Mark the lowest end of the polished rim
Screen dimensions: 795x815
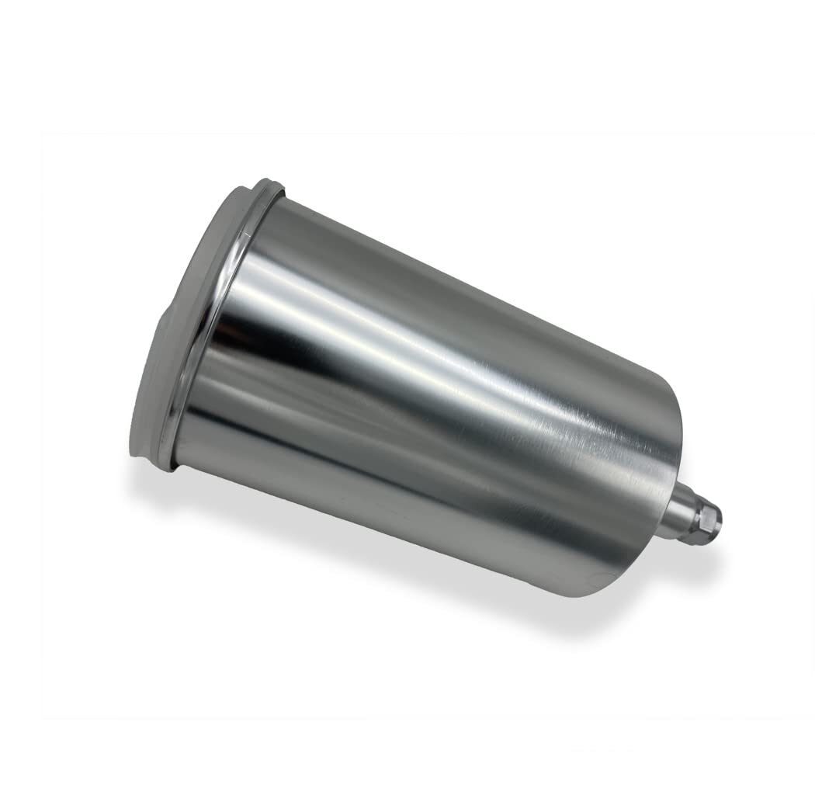[x=167, y=464]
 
